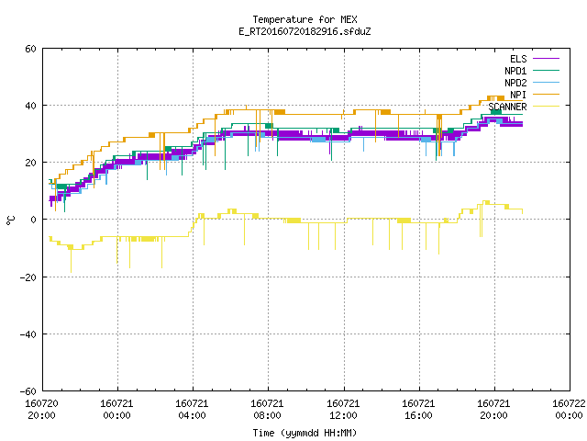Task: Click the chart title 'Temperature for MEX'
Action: pyautogui.click(x=305, y=19)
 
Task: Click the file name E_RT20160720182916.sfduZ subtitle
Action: pyautogui.click(x=305, y=31)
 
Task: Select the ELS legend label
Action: pyautogui.click(x=518, y=59)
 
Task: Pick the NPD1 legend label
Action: pyautogui.click(x=515, y=71)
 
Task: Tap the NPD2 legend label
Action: pyautogui.click(x=515, y=83)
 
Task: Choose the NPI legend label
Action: pyautogui.click(x=518, y=95)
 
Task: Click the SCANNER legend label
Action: pyautogui.click(x=507, y=107)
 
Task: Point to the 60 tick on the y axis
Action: pyautogui.click(x=30, y=49)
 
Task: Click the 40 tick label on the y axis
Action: pyautogui.click(x=30, y=106)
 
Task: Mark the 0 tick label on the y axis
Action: pyautogui.click(x=34, y=220)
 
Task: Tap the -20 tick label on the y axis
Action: pyautogui.click(x=28, y=277)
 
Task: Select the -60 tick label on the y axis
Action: pyautogui.click(x=28, y=391)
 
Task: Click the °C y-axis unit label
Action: pyautogui.click(x=10, y=220)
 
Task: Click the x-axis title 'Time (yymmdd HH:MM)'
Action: pyautogui.click(x=305, y=433)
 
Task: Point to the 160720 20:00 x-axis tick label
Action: pyautogui.click(x=41, y=410)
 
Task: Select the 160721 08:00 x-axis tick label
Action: pyautogui.click(x=267, y=410)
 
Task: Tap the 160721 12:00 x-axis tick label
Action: pyautogui.click(x=343, y=410)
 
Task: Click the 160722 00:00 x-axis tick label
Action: pyautogui.click(x=569, y=410)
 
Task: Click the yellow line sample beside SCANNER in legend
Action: pyautogui.click(x=547, y=107)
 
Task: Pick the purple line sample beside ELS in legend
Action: pyautogui.click(x=547, y=59)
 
